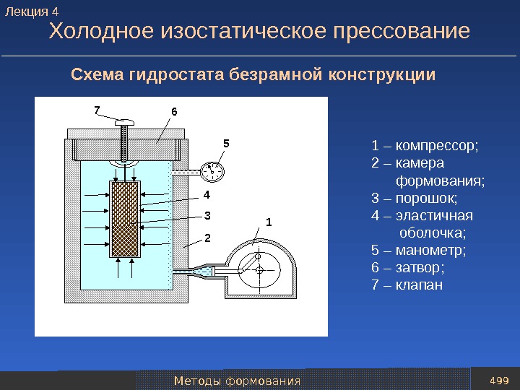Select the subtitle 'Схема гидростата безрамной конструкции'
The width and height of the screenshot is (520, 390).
253,75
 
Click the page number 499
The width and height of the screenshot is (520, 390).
499,381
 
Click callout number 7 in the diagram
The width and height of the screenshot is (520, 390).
96,110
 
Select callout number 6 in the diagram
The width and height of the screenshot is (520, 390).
173,112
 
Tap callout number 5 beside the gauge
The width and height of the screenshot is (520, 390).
225,144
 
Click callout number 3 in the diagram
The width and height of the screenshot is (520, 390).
207,215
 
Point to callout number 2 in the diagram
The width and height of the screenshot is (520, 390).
207,237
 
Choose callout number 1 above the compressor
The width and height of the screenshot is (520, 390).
269,222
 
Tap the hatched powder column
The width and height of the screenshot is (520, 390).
124,219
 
